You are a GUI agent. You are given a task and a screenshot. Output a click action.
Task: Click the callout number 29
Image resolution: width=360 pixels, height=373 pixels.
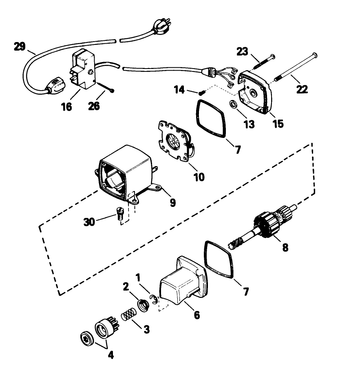19,46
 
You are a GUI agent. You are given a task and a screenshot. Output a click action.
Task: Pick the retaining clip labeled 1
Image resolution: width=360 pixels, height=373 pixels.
154,300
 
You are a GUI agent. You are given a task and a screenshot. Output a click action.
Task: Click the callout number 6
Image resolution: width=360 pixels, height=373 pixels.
197,315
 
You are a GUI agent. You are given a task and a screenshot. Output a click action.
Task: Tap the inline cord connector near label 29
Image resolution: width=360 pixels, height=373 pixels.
55,84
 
